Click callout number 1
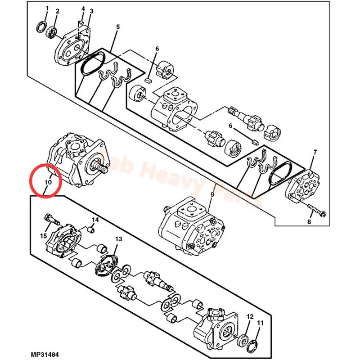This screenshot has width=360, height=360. tap(47, 9)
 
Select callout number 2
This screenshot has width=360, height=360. tap(57, 11)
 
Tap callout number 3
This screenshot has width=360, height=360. tap(91, 11)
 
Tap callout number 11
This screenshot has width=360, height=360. tap(260, 323)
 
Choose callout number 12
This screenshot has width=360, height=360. tap(250, 317)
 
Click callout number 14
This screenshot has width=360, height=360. tap(95, 220)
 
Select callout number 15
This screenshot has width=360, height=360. tap(44, 235)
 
